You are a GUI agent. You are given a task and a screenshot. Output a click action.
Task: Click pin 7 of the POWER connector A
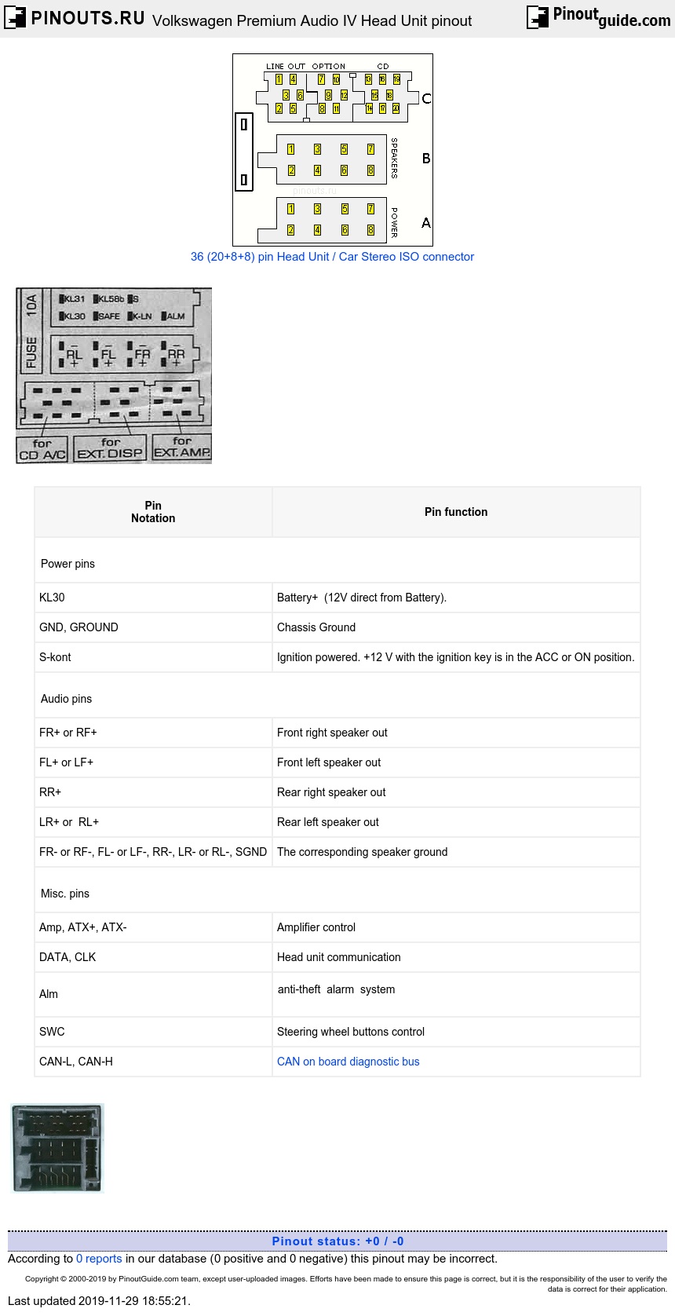point(370,209)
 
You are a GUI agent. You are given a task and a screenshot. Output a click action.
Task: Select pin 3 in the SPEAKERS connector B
point(317,149)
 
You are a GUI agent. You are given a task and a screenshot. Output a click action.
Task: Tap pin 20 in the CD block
point(396,108)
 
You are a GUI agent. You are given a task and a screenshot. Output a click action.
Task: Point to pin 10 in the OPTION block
point(336,79)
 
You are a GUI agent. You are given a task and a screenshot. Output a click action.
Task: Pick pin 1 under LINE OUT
point(279,79)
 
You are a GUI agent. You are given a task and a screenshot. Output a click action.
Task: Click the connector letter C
point(426,98)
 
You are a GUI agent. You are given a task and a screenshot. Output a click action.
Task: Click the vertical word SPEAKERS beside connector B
point(394,158)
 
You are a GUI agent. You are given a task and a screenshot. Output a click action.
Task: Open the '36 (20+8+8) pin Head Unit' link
point(332,257)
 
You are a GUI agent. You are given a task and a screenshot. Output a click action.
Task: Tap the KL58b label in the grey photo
point(111,299)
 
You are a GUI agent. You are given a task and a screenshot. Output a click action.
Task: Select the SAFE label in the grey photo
point(108,316)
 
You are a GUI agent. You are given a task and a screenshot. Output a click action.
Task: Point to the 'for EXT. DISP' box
point(110,448)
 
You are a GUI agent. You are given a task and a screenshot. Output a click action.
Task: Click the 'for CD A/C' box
point(42,449)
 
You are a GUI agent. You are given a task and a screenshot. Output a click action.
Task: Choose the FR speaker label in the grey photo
point(142,354)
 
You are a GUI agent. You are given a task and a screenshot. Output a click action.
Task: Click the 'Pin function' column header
point(456,512)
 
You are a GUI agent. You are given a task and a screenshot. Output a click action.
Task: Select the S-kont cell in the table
point(55,657)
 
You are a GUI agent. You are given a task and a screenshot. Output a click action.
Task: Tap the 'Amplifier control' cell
point(316,927)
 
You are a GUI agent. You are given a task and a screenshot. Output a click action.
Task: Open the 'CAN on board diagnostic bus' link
point(348,1062)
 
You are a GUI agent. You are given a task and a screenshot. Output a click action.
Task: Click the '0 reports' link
point(99,1259)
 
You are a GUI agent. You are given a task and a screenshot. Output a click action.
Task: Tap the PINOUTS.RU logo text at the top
point(87,18)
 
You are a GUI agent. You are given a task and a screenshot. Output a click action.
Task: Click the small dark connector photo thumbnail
point(57,1147)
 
